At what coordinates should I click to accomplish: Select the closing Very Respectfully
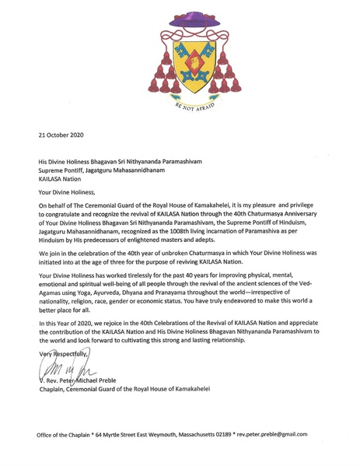[x=63, y=355]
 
